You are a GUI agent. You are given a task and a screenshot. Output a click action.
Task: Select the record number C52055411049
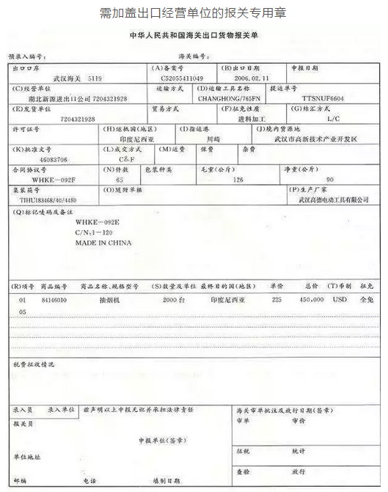[178, 78]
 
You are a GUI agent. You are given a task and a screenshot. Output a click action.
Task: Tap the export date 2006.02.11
[251, 78]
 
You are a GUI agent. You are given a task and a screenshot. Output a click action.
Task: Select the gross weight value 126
[237, 179]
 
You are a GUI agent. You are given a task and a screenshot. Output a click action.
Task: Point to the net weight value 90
[329, 179]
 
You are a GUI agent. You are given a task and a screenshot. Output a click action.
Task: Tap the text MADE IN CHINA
[103, 242]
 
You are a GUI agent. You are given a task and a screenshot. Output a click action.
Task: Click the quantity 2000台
[174, 300]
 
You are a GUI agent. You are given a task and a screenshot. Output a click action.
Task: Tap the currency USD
[339, 300]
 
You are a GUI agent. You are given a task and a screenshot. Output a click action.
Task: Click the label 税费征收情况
[34, 364]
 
